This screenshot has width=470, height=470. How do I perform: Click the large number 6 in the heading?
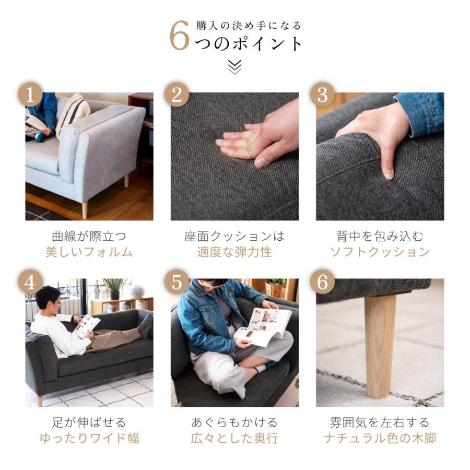[180, 36]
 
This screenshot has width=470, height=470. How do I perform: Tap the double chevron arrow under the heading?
[234, 67]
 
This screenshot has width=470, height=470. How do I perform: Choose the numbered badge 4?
[30, 282]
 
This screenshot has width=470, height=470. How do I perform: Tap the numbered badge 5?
[177, 282]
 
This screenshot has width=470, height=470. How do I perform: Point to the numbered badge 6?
[323, 282]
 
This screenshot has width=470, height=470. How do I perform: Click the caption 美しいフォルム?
[89, 252]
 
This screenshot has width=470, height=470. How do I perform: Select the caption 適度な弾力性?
[234, 252]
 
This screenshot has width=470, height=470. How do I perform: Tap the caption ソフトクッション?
[380, 252]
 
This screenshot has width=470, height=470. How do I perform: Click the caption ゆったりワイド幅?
[89, 438]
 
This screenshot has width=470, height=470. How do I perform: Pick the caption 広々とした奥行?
[234, 438]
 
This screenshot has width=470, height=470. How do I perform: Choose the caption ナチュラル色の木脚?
[380, 438]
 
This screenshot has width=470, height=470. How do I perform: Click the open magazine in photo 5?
[264, 327]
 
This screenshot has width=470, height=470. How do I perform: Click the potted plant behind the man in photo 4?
[115, 288]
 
